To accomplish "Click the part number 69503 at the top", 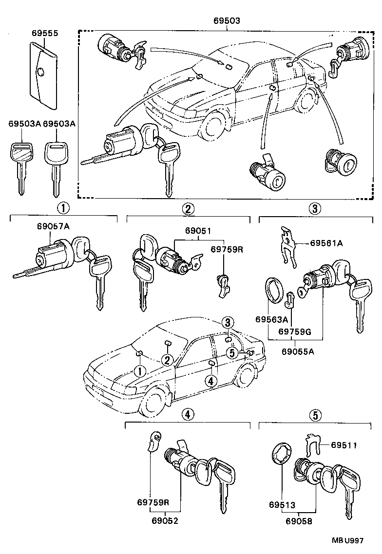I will click(227, 22).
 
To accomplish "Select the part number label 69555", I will click(45, 34).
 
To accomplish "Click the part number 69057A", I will click(53, 227).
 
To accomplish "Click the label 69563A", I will click(272, 319).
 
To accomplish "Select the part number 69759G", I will click(294, 332).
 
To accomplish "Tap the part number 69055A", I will click(297, 351).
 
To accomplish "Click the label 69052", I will click(165, 520).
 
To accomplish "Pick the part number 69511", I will click(344, 444).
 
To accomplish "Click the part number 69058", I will click(298, 520).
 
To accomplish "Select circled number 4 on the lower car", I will click(210, 381).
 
